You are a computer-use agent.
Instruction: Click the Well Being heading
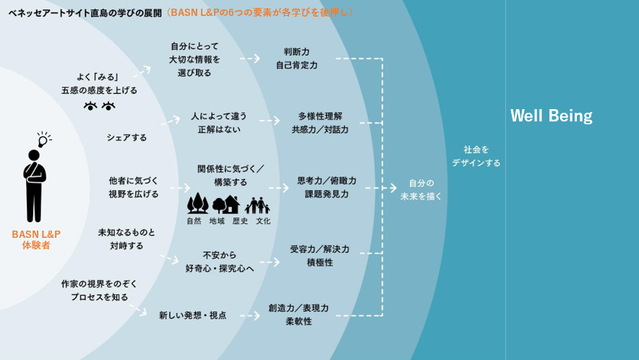tap(551, 116)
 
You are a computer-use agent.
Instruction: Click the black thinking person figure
tap(34, 185)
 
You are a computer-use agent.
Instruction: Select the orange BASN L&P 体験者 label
tap(36, 240)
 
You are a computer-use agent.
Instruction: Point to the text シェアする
tap(126, 137)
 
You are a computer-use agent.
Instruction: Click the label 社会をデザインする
tap(476, 156)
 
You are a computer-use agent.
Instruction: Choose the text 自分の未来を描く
tap(421, 189)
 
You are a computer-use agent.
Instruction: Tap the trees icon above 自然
tap(197, 204)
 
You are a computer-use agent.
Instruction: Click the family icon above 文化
tap(257, 205)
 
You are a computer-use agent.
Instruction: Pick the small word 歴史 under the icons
tap(240, 221)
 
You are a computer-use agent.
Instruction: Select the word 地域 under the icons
tap(217, 221)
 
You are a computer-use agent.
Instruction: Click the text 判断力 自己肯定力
tap(296, 59)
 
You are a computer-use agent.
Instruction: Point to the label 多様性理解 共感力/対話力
tap(319, 123)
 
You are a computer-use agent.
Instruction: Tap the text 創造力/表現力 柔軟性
tap(298, 314)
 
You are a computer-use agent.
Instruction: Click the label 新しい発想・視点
tap(192, 315)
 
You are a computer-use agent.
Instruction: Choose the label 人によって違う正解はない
tap(218, 123)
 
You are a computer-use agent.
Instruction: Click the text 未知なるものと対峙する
tap(126, 239)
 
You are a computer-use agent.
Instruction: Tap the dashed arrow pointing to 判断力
tap(250, 59)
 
